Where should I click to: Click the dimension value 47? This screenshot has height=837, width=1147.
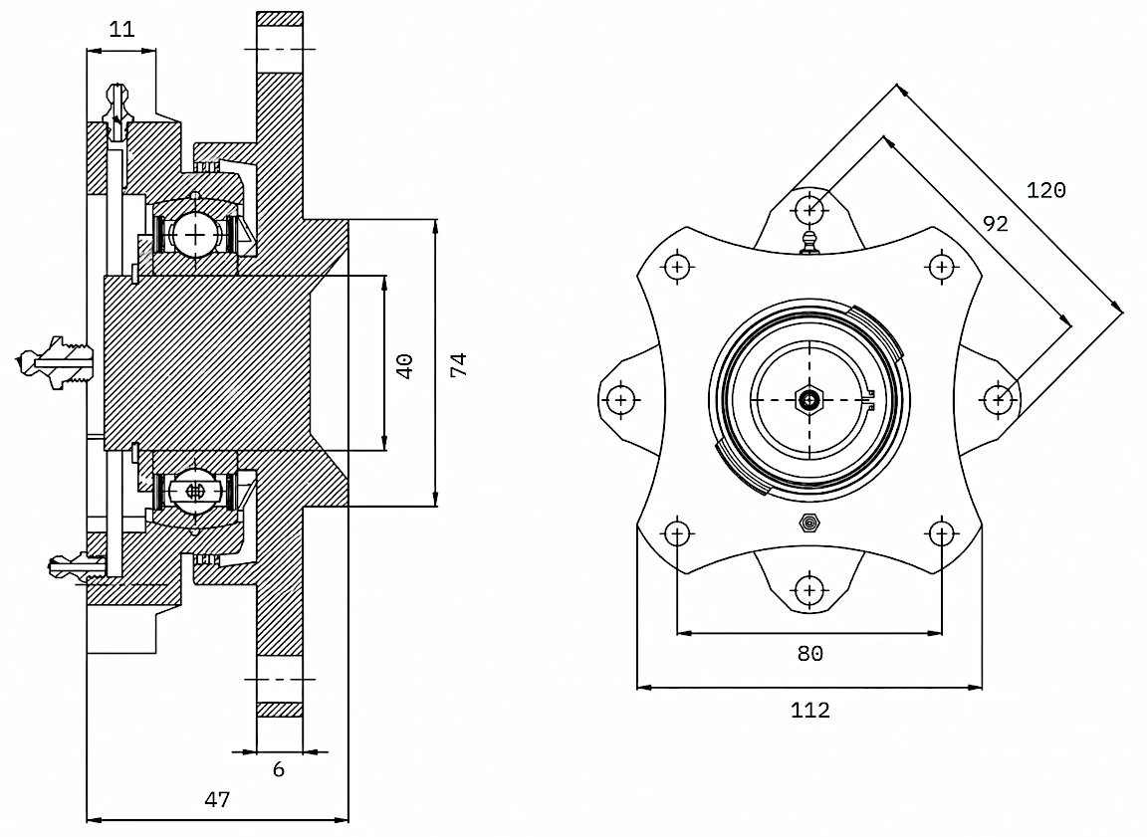point(217,799)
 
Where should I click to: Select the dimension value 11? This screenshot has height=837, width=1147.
point(122,29)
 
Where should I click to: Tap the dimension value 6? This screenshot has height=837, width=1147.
point(278,769)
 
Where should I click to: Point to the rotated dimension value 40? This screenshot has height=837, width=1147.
point(404,365)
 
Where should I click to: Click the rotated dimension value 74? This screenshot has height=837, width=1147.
point(458,365)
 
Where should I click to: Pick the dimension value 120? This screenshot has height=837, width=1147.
point(1046,190)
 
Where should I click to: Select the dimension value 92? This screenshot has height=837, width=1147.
point(996,223)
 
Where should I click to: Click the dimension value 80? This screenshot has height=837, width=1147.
point(809,653)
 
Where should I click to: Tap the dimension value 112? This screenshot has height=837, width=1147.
point(809,710)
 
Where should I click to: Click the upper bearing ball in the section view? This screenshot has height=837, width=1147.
point(195,235)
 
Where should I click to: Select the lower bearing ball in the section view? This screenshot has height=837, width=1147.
point(194,492)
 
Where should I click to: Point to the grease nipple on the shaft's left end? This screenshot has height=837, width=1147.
point(55,361)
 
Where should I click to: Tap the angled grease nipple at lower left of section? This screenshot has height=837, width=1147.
point(73,565)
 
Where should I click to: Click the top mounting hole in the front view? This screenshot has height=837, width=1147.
point(809,210)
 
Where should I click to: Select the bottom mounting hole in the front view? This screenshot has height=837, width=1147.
point(809,590)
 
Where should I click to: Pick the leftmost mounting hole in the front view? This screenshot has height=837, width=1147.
point(621,401)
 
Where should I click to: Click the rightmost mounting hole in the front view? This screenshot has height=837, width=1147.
point(999,400)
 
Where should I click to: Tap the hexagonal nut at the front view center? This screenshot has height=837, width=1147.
point(809,400)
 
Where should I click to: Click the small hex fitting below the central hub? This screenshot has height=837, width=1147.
point(809,523)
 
